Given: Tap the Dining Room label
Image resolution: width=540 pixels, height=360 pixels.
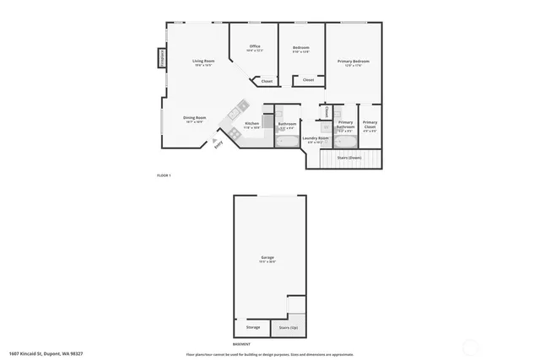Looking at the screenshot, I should (x=196, y=118).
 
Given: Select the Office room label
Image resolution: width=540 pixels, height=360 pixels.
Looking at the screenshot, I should (x=254, y=46).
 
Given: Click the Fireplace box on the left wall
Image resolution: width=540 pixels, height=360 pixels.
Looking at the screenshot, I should (x=160, y=58).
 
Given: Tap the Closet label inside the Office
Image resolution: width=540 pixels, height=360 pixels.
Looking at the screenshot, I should (x=266, y=81).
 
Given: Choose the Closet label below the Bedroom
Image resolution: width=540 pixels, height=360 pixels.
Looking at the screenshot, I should (x=308, y=80).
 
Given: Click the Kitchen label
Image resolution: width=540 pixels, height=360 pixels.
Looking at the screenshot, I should (x=251, y=124).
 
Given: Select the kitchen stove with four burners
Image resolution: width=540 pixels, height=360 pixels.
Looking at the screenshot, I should (x=241, y=105).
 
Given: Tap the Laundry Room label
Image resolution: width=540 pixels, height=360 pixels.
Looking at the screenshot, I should (x=317, y=138).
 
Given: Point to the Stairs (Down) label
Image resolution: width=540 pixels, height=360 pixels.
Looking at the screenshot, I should (x=349, y=157).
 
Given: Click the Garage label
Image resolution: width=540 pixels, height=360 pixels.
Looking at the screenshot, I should (x=267, y=257).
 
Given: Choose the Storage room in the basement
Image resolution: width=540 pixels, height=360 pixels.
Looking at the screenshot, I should (x=252, y=327).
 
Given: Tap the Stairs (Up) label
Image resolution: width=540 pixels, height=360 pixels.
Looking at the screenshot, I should (x=288, y=327).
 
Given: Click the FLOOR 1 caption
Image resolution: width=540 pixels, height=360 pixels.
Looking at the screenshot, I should (x=164, y=175).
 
